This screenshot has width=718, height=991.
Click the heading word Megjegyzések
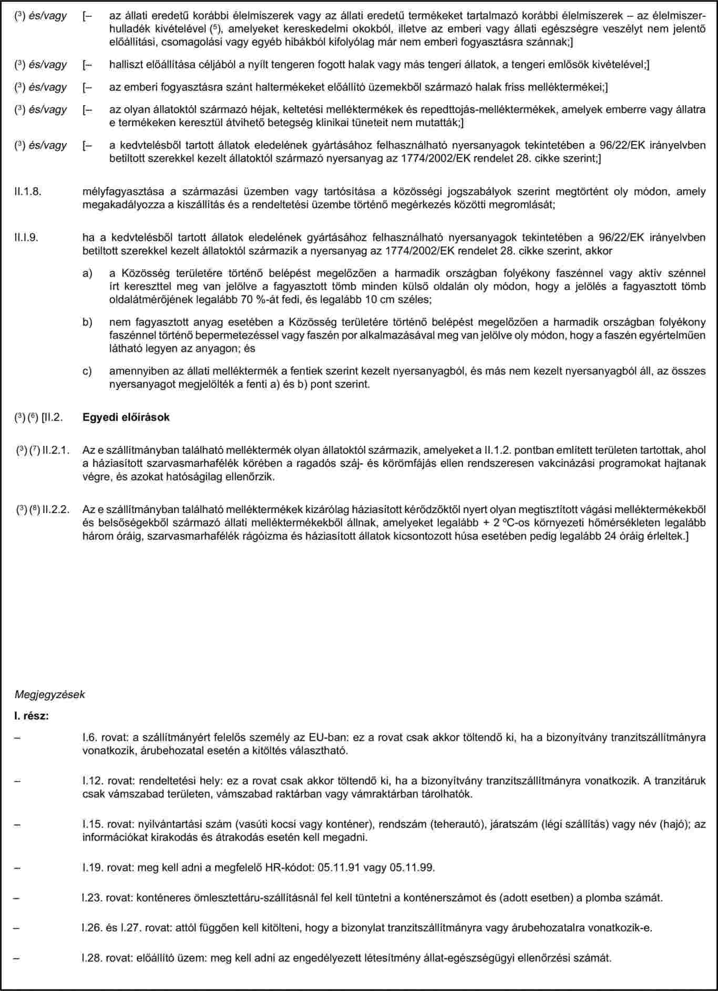pos(49,694)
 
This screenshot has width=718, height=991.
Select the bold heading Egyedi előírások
pos(126,417)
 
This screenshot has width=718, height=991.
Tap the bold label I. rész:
pos(32,716)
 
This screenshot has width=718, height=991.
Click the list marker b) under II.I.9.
pos(87,322)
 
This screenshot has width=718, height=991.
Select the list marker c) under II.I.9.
pos(87,371)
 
